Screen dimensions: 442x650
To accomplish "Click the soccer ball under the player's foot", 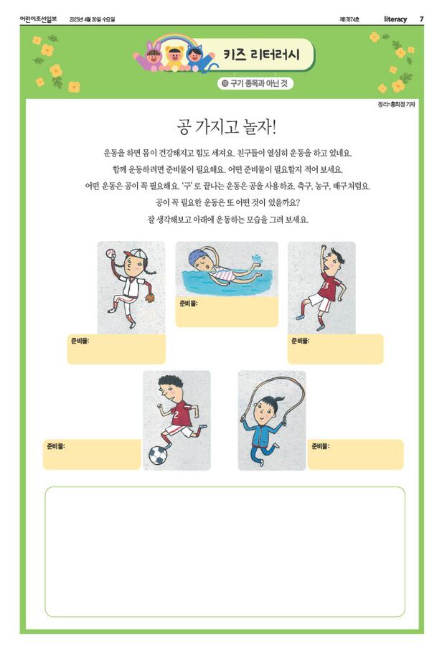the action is tap(158, 455).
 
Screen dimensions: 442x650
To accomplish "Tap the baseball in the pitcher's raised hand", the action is tap(110, 253).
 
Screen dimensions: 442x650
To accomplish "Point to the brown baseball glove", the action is tap(150, 297).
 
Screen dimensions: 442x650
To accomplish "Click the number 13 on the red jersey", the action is tap(325, 286).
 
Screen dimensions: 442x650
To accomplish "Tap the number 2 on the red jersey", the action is tap(177, 415).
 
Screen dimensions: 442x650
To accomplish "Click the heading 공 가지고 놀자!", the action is tap(227, 126).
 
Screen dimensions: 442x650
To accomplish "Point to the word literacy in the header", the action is tap(395, 19).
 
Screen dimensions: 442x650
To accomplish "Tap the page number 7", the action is tap(421, 19).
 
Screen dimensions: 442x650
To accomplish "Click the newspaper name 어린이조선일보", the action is tap(38, 19).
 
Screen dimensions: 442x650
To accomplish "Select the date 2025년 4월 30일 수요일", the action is tap(92, 19).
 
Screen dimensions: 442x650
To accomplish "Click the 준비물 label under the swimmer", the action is tap(188, 303).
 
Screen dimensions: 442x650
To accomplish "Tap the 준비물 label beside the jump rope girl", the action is tap(321, 446).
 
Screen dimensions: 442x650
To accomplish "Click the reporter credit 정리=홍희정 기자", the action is tap(396, 105).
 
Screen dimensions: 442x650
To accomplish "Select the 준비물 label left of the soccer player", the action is tap(55, 446).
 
